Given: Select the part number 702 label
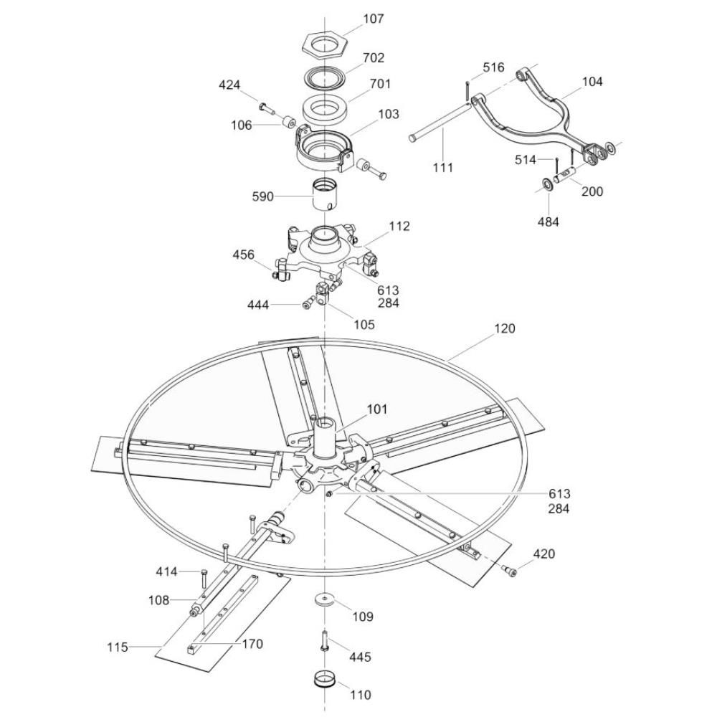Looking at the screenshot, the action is tap(374, 58).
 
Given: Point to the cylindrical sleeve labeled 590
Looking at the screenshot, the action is tap(326, 195).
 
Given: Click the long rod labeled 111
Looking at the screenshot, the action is tap(440, 121).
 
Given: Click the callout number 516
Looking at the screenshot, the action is tap(493, 67).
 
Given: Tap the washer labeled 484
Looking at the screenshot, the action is tap(546, 184).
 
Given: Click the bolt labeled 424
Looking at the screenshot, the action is tap(266, 108).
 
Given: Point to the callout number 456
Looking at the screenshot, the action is tap(243, 255).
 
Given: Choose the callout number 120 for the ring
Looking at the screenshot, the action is tap(504, 329).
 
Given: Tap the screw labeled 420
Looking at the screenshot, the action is tap(509, 570).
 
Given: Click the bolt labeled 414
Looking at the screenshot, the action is tap(204, 581).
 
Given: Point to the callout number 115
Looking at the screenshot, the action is tap(118, 647).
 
